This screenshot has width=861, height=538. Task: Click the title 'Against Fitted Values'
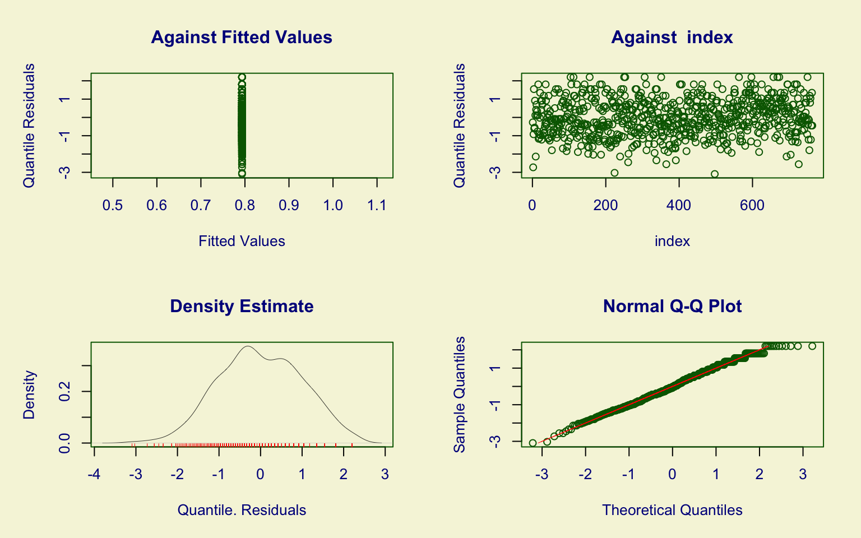click(x=242, y=37)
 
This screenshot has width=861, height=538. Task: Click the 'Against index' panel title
click(x=672, y=37)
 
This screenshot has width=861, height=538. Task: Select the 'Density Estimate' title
click(x=242, y=306)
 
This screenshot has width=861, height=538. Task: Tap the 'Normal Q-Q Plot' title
click(x=672, y=306)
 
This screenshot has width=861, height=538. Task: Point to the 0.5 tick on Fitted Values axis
click(x=113, y=206)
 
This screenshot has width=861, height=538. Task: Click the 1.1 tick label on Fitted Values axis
click(x=377, y=206)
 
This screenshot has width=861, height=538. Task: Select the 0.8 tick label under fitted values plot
click(x=245, y=206)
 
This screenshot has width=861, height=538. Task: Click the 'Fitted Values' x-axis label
click(x=242, y=241)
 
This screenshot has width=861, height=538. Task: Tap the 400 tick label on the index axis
click(x=679, y=206)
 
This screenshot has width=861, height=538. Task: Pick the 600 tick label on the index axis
click(x=752, y=206)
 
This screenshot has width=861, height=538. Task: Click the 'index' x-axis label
click(x=672, y=241)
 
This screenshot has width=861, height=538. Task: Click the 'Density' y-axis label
click(x=29, y=395)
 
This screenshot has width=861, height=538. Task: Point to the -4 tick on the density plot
click(x=94, y=475)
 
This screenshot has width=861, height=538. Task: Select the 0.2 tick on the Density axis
click(x=65, y=391)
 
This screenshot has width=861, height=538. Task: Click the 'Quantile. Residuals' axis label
click(x=242, y=510)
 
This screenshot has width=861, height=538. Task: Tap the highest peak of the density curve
click(x=247, y=346)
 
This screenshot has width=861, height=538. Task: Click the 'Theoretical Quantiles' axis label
click(x=672, y=510)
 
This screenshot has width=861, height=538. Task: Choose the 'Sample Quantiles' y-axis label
click(x=460, y=395)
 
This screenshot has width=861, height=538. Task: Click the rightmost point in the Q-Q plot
click(x=812, y=346)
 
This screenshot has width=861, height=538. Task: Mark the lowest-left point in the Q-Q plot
click(x=533, y=443)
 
